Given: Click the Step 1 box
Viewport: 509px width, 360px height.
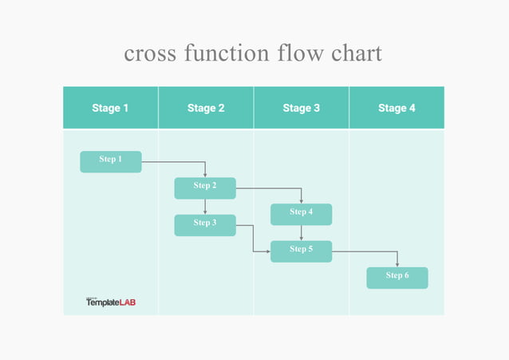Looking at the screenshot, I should click(x=111, y=161).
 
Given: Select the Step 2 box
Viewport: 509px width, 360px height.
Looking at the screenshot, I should click(x=205, y=188).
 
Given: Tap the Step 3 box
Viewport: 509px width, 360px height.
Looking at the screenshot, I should click(x=205, y=225).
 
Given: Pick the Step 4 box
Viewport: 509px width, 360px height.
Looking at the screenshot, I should click(x=301, y=214).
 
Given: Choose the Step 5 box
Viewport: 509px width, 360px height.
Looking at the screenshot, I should click(x=301, y=251).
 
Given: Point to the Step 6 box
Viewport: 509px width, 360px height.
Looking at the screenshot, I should click(x=397, y=278).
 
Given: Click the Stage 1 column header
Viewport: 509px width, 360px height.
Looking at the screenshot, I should click(x=111, y=108).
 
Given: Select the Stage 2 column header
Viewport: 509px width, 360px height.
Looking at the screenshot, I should click(x=206, y=108).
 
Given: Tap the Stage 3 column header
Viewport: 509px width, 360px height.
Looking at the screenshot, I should click(x=302, y=108).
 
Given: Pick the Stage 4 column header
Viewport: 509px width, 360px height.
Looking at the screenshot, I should click(x=397, y=108).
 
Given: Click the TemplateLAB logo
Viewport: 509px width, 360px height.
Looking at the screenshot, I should click(x=111, y=302).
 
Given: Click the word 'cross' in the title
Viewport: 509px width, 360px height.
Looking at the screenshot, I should click(x=150, y=54).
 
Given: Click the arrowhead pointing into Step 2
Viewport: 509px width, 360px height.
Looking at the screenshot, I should click(x=205, y=174).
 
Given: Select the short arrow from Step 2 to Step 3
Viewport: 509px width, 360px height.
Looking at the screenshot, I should click(x=205, y=207).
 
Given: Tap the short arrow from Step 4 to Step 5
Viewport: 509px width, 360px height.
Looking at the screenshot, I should click(x=301, y=233).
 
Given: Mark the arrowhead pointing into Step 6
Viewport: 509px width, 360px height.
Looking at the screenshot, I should click(x=397, y=264).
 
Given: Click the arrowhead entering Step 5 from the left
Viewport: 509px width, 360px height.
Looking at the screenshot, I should click(x=267, y=251).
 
